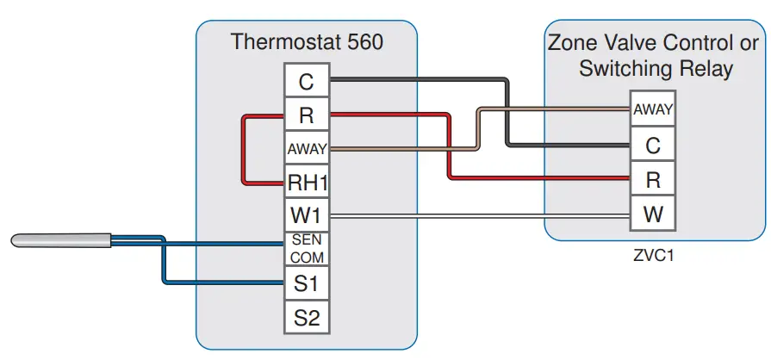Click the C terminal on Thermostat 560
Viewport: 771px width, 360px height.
click(x=307, y=82)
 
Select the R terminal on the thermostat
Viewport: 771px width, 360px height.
click(x=307, y=115)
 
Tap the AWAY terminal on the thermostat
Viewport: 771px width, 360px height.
click(x=307, y=148)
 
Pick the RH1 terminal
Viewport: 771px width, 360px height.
click(x=307, y=183)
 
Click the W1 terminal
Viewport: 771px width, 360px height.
click(x=307, y=215)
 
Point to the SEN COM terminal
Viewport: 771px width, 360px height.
click(x=307, y=249)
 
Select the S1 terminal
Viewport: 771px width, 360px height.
click(x=307, y=282)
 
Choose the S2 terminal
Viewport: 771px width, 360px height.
click(x=307, y=316)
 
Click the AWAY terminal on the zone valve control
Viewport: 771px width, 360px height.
click(x=653, y=109)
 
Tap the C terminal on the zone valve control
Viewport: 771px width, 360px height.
click(x=653, y=145)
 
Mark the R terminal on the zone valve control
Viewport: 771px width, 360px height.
click(x=653, y=179)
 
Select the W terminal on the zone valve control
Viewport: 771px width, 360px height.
click(x=653, y=214)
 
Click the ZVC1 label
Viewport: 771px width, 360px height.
click(x=653, y=256)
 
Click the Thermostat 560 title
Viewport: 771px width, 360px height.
click(x=306, y=41)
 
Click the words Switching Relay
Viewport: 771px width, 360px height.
click(x=656, y=69)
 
